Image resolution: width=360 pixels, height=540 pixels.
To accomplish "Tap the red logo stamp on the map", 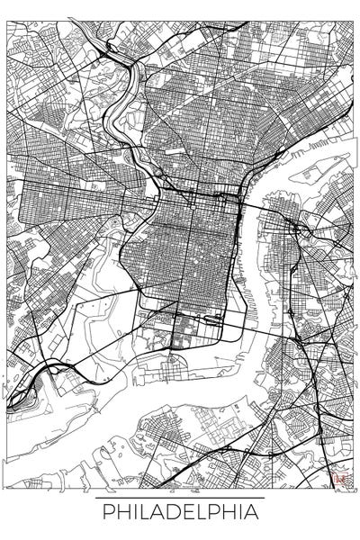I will pyautogui.click(x=340, y=480).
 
